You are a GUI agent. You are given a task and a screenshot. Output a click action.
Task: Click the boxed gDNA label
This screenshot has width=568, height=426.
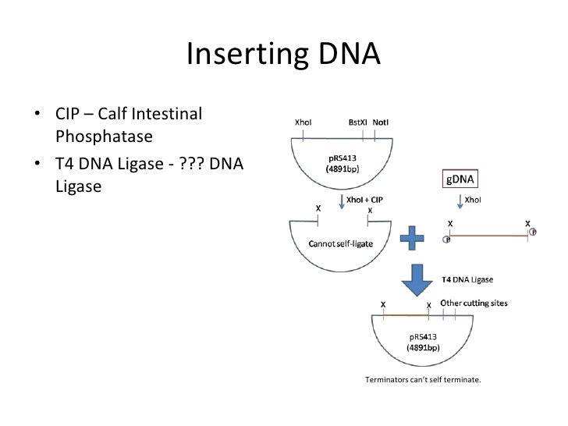(x=460, y=179)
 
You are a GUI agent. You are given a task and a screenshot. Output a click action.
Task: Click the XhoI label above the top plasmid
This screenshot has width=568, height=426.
(x=304, y=122)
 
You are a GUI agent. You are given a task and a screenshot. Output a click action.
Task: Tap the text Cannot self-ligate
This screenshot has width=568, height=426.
(x=341, y=243)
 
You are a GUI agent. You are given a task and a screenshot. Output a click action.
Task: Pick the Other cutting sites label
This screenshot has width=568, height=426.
(x=475, y=303)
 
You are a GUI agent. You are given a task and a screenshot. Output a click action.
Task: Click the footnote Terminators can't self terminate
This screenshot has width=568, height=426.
(x=423, y=381)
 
